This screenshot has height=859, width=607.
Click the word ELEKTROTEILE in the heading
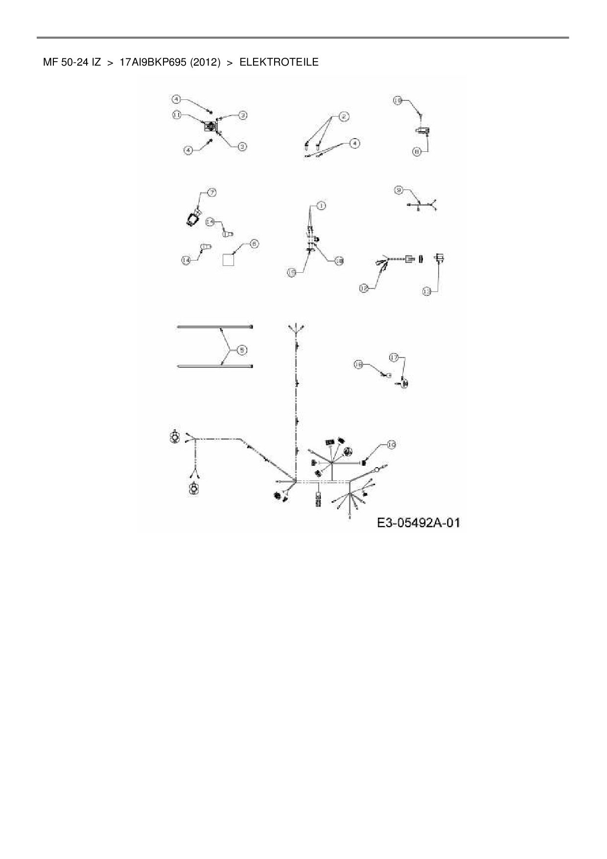279,62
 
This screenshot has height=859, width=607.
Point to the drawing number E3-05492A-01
419,523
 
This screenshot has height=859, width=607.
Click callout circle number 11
177,114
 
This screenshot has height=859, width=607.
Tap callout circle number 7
211,192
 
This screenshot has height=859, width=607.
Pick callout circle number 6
254,244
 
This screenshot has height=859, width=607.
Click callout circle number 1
321,206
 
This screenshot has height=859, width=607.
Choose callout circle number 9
399,190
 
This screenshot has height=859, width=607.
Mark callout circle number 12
364,288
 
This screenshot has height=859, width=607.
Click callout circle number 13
427,291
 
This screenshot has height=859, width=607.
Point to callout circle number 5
242,350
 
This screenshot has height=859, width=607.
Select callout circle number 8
417,152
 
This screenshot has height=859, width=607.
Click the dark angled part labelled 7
192,217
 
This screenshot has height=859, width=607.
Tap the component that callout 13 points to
439,258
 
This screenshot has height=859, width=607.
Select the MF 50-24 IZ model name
72,62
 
